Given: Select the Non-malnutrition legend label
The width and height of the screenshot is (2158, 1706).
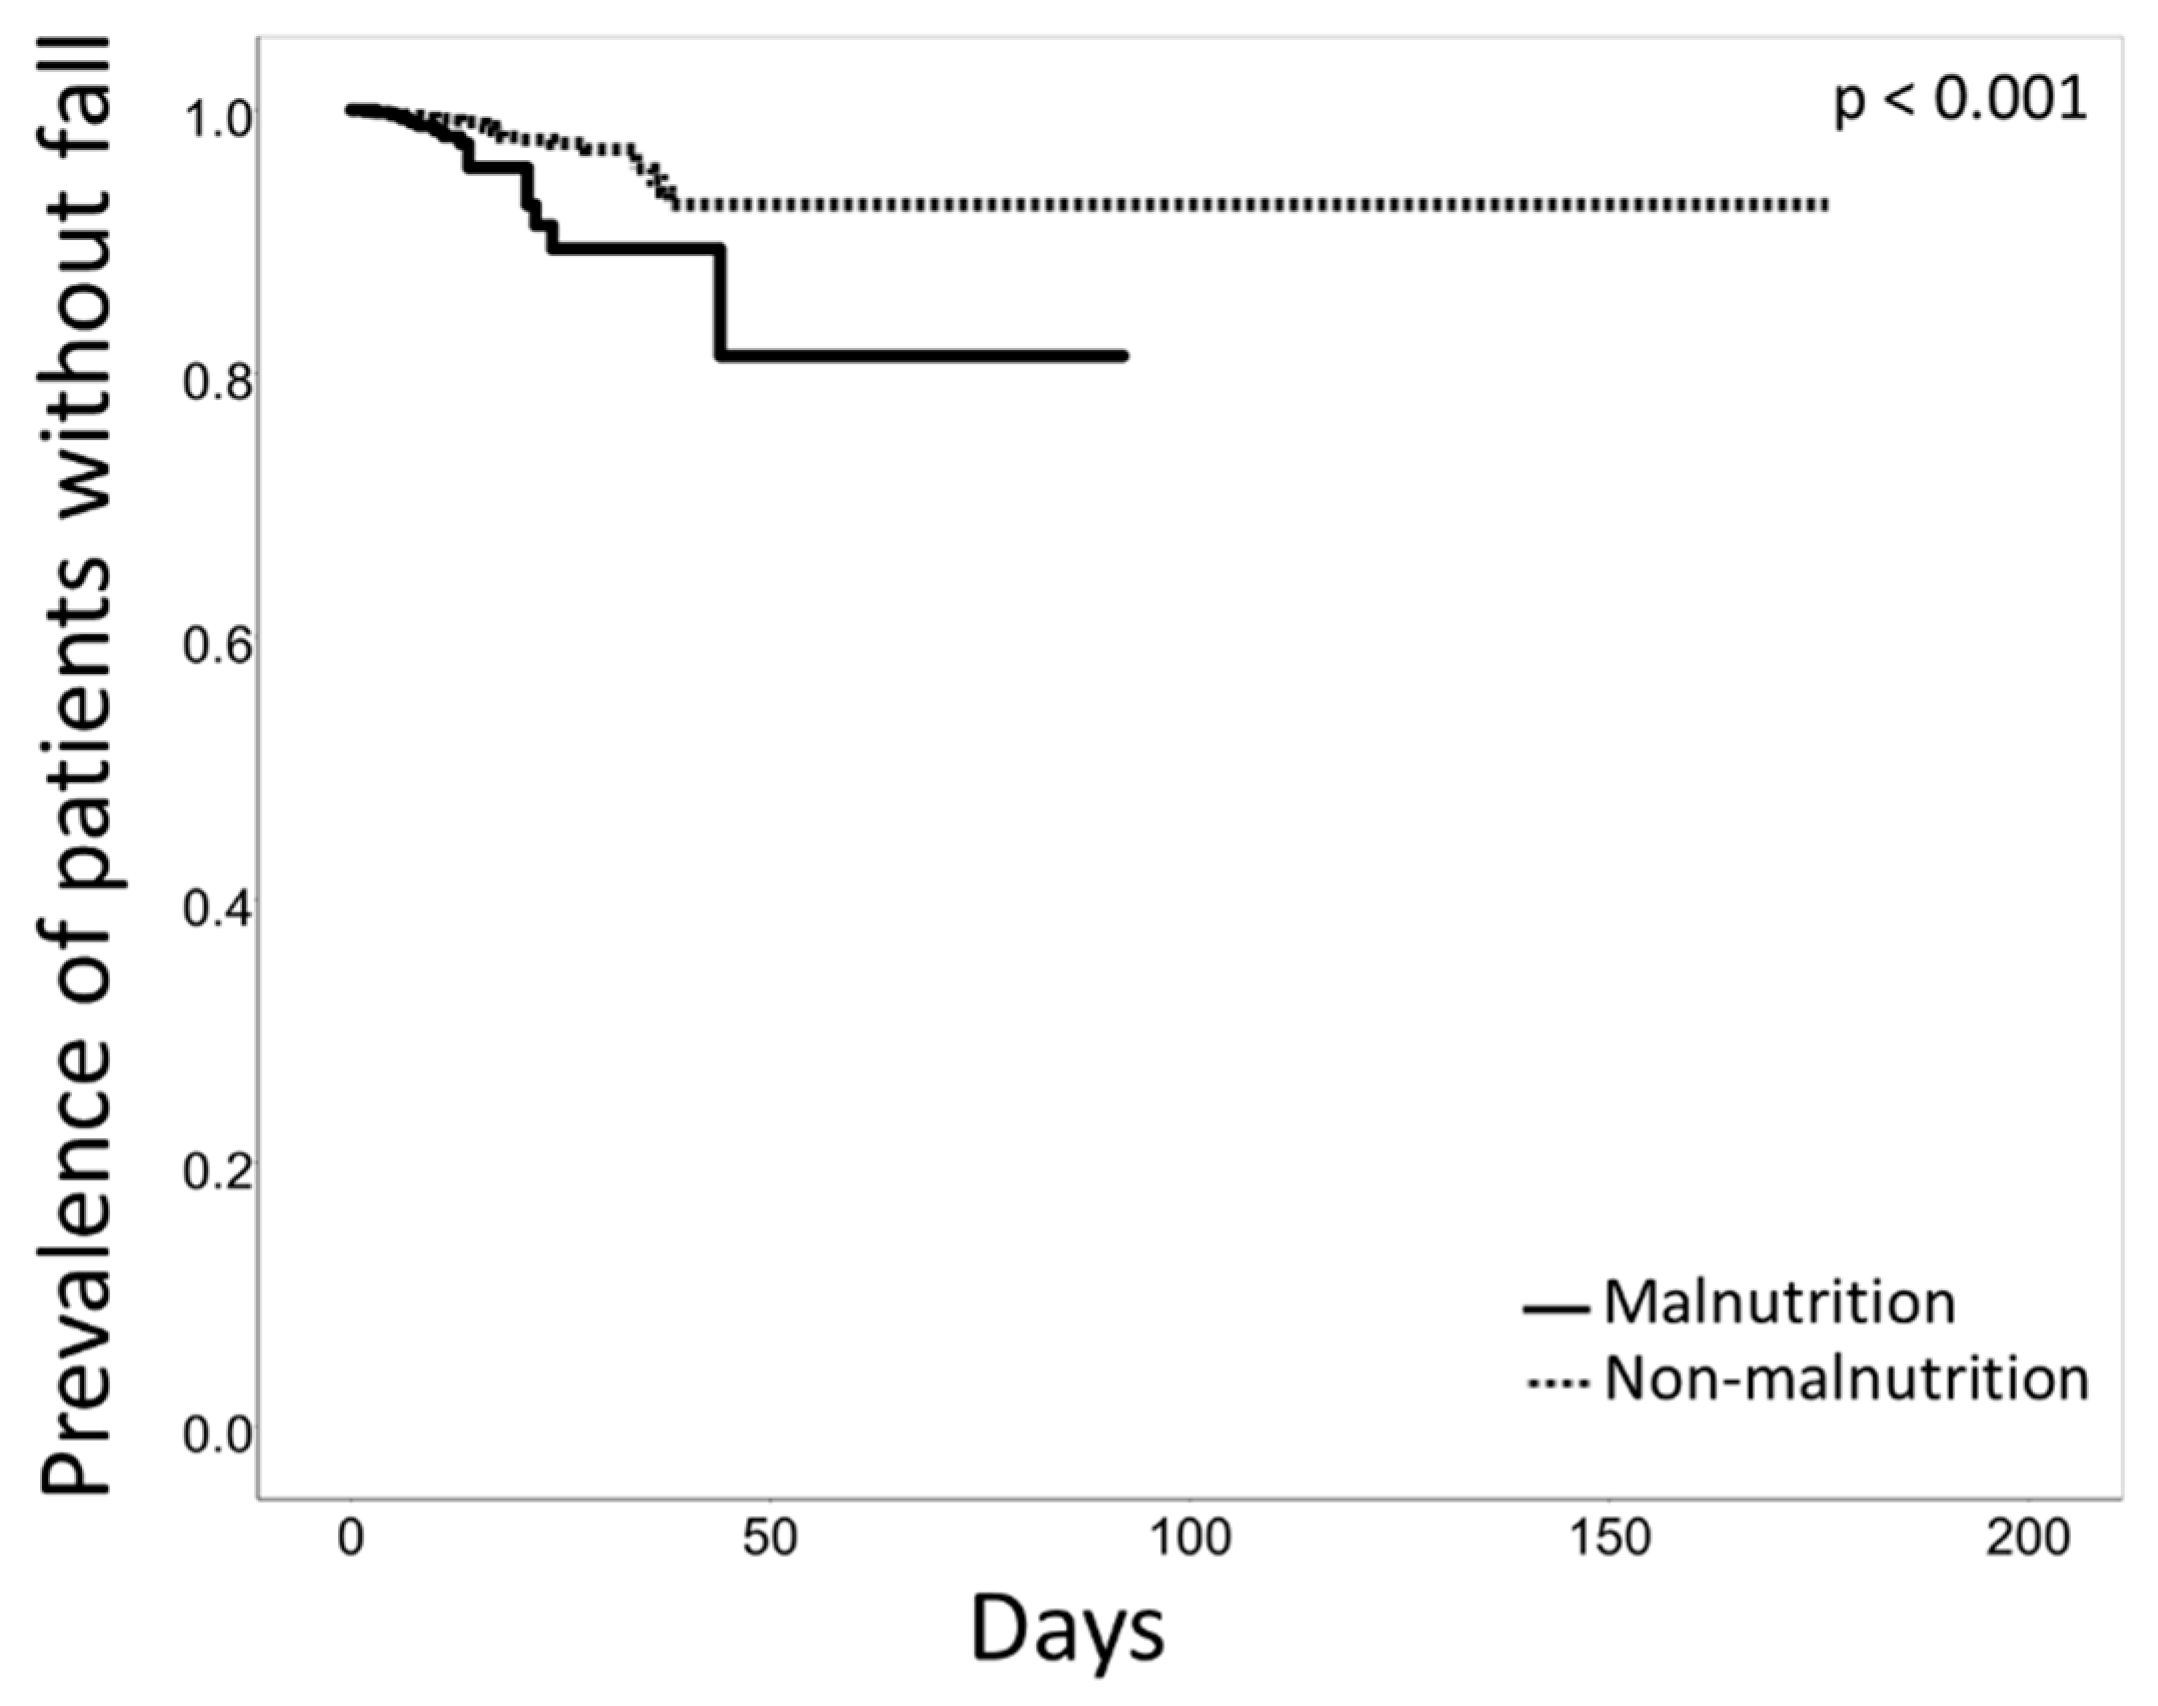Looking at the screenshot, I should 1846,1381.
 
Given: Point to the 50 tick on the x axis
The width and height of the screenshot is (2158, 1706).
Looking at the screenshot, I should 769,1538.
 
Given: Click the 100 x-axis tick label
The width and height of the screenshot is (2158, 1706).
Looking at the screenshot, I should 1189,1538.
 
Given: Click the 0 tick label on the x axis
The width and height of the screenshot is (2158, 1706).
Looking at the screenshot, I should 350,1538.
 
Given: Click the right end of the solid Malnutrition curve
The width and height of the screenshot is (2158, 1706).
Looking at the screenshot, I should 1124,355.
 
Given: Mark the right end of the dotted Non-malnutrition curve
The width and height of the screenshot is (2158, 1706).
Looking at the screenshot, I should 1826,205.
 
